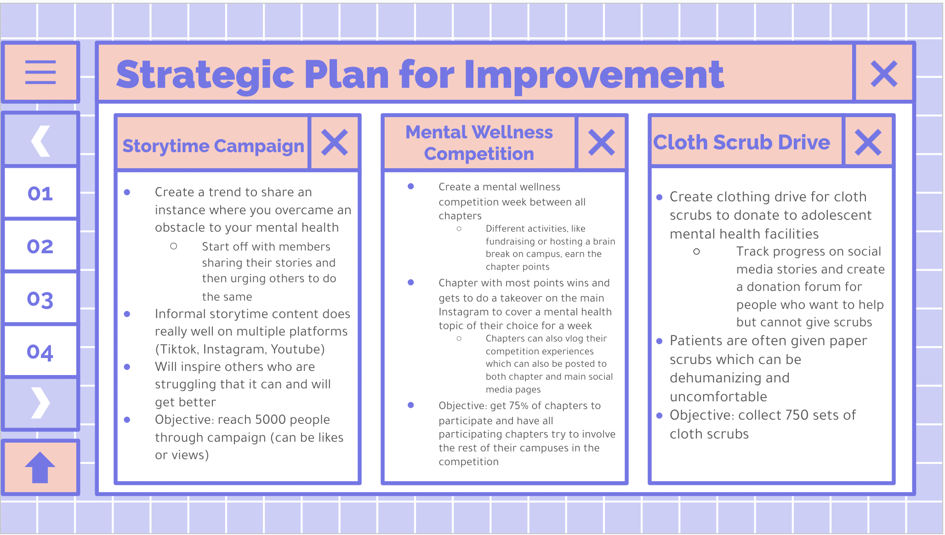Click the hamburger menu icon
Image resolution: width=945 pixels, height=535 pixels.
click(40, 72)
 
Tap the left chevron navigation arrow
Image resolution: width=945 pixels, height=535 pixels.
click(40, 141)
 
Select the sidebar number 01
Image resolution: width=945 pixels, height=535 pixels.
click(40, 194)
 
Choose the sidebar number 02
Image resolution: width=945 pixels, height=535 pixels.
click(40, 246)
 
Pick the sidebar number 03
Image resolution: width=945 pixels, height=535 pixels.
click(40, 300)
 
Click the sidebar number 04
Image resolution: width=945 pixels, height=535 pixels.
click(40, 353)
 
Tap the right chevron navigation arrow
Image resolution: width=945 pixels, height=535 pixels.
click(40, 403)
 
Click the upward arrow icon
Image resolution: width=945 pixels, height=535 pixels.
click(40, 467)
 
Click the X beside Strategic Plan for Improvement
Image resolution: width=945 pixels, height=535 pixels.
click(884, 74)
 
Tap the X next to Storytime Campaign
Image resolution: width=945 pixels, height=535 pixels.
click(335, 142)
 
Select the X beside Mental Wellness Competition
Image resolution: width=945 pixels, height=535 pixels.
click(602, 142)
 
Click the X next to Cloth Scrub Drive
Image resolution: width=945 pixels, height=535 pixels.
click(868, 142)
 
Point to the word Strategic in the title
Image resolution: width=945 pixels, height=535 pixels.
click(205, 75)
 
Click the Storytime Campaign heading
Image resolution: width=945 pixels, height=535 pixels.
click(213, 146)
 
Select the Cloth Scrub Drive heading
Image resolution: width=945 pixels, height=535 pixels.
click(742, 142)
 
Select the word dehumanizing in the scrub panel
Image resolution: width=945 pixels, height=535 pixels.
click(729, 378)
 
